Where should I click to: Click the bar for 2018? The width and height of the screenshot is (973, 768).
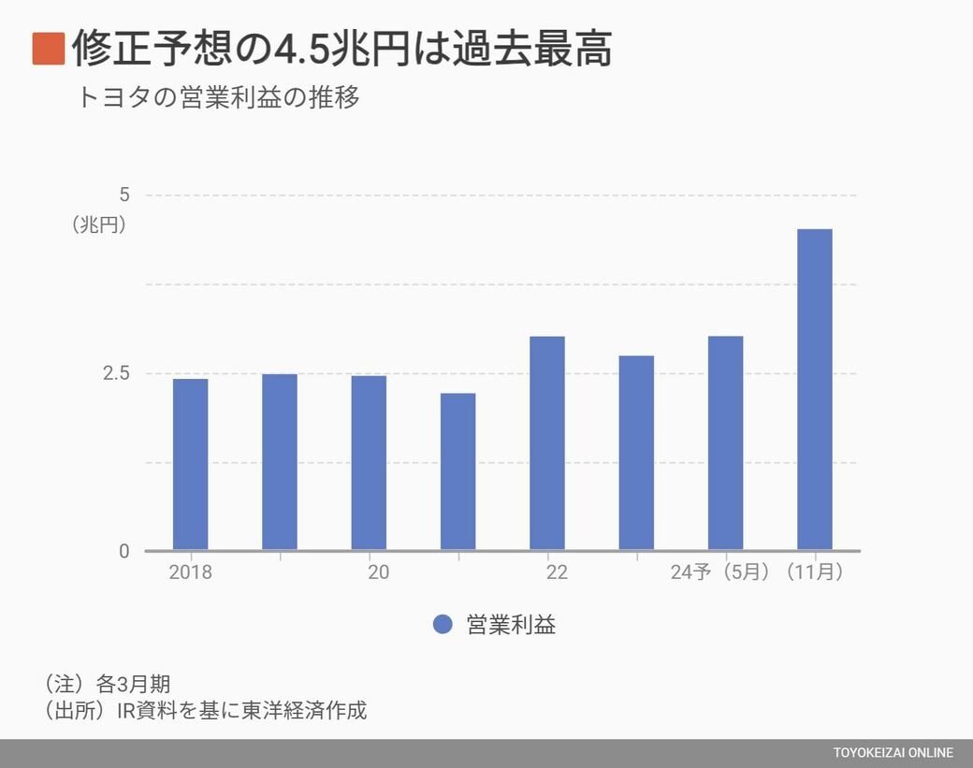pos(191,464)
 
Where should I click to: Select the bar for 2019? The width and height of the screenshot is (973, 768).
pos(280,462)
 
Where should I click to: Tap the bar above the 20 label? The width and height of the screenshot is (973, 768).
pos(369,463)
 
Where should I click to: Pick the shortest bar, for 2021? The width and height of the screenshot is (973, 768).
pos(457,471)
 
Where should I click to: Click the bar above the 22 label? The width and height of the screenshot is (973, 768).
pos(547,443)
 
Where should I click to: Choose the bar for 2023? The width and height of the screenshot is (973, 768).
pos(636,453)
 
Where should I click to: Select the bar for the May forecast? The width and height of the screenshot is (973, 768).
pos(725,443)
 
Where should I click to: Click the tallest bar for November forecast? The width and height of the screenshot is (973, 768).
pos(814,389)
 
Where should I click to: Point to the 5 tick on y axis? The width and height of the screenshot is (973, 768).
pos(124,195)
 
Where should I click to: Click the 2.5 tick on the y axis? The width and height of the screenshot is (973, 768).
pos(116,373)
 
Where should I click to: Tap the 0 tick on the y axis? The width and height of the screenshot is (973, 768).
pos(124,551)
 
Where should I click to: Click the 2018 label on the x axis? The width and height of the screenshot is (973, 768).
pos(191,572)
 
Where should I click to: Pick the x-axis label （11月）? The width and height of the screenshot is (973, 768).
pos(815,572)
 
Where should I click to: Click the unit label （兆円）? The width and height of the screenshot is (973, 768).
pos(99,225)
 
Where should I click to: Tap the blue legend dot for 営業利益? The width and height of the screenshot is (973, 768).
pos(443,625)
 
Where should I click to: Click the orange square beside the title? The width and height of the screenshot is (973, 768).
pos(48,49)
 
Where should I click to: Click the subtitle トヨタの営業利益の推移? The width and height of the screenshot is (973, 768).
pos(219,98)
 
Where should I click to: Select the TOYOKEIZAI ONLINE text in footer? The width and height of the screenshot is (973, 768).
pos(893,753)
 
